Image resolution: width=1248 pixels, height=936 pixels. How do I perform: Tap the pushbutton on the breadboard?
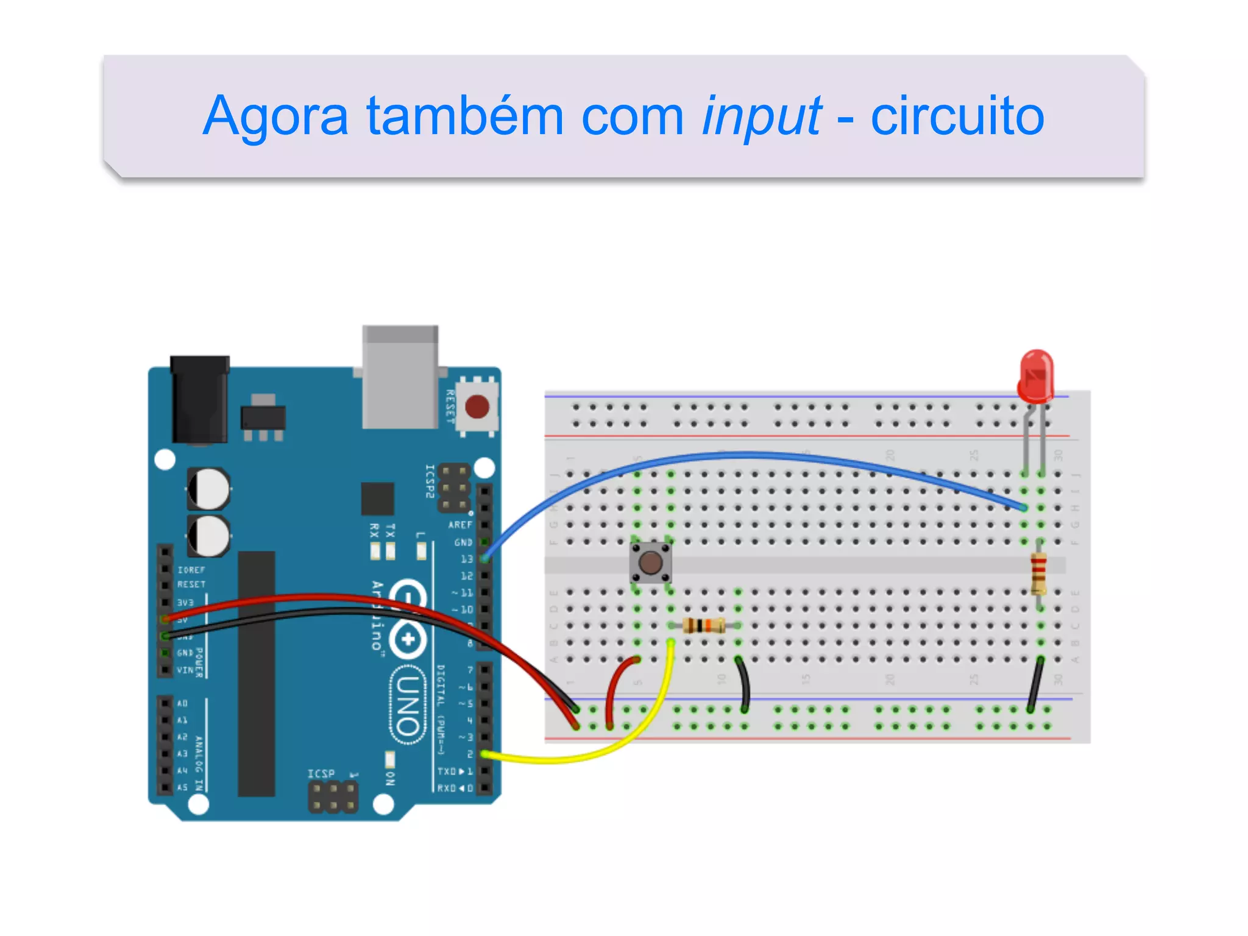[x=651, y=562]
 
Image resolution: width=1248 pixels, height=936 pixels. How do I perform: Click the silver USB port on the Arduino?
[x=400, y=378]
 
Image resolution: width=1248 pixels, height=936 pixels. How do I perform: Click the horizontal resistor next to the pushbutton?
[x=704, y=626]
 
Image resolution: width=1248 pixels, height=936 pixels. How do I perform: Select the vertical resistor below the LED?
[x=1039, y=573]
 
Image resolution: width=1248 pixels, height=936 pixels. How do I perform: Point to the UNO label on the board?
[x=407, y=706]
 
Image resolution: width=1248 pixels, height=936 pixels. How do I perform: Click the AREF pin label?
[x=460, y=525]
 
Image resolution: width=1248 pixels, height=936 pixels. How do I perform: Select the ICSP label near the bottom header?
[x=321, y=773]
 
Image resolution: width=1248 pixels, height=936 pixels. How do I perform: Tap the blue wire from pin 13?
[x=731, y=454]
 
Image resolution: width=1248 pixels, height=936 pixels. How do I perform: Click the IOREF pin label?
[x=191, y=570]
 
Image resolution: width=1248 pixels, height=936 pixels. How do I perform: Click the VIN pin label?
[x=185, y=670]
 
